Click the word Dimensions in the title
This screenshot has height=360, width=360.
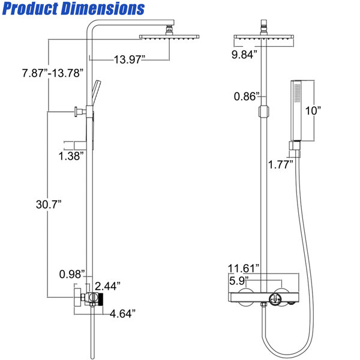click(x=103, y=9)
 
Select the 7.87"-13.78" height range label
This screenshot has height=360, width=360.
click(x=53, y=73)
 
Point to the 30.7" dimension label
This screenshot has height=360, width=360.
click(x=49, y=204)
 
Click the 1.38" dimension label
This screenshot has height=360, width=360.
click(x=71, y=156)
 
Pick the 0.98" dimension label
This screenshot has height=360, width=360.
click(x=72, y=274)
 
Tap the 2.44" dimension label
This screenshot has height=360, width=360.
click(x=107, y=286)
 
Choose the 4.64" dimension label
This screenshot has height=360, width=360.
click(x=123, y=314)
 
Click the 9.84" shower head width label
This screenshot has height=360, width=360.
click(x=244, y=55)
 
